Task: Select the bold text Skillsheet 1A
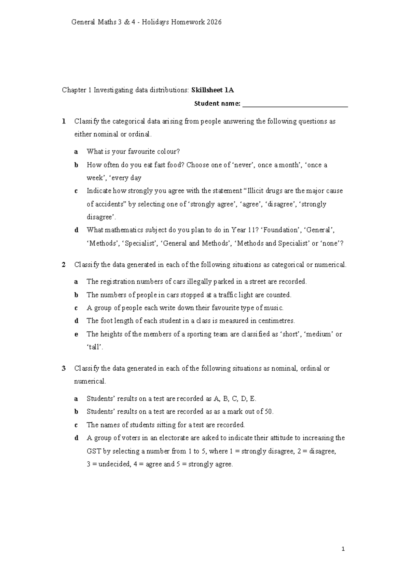coord(213,90)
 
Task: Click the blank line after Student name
coord(295,104)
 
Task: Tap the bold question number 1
coord(64,121)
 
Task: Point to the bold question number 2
coord(64,264)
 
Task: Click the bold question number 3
coord(64,368)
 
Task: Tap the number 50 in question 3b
coord(269,411)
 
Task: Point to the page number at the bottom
coord(343,550)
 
